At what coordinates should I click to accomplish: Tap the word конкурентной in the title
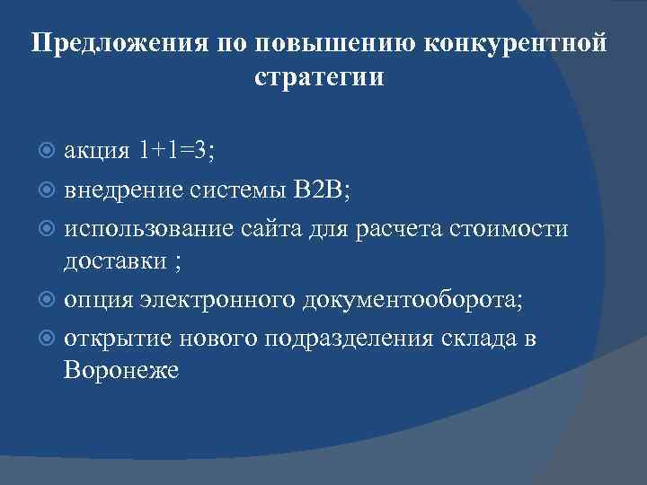513,44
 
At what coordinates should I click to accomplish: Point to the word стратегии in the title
319,78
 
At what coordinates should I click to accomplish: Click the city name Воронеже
121,369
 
